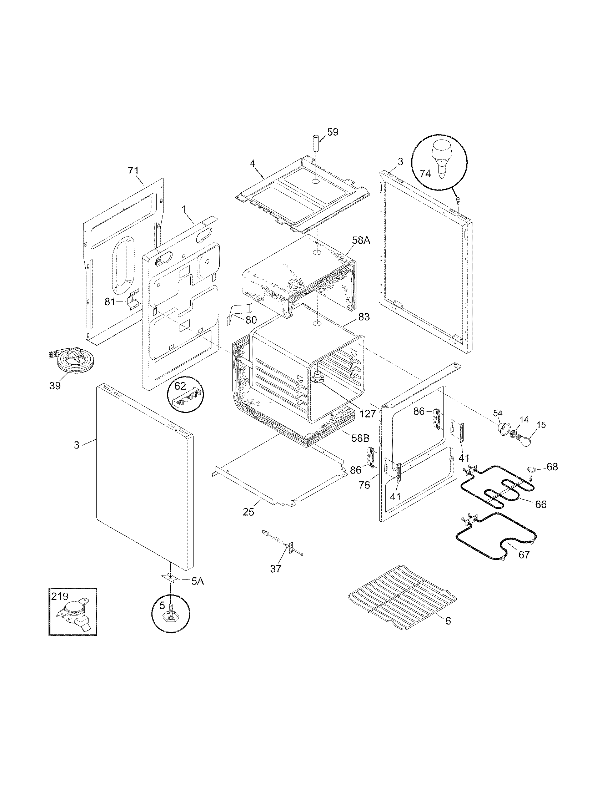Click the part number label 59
(x=333, y=132)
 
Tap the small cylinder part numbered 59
(x=316, y=143)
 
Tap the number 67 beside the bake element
(x=524, y=554)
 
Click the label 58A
(x=361, y=240)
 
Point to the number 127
(x=367, y=413)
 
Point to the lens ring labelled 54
(x=504, y=429)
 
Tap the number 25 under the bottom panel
(x=248, y=512)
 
